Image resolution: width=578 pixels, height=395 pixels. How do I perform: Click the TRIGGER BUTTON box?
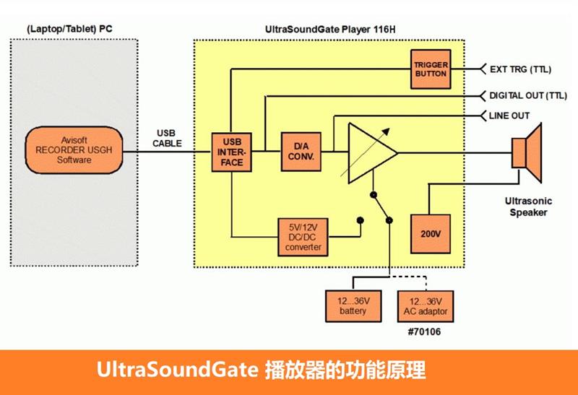point(431,69)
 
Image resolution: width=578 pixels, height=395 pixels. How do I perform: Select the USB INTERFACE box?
point(233,152)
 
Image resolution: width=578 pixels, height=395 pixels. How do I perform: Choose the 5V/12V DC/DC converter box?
point(303,236)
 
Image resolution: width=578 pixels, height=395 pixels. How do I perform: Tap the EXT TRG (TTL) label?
point(520,70)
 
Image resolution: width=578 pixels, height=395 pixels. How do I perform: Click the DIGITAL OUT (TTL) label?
point(527,95)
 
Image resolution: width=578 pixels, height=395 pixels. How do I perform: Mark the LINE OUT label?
point(509,116)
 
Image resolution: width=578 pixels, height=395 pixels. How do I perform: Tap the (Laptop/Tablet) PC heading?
point(70,29)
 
